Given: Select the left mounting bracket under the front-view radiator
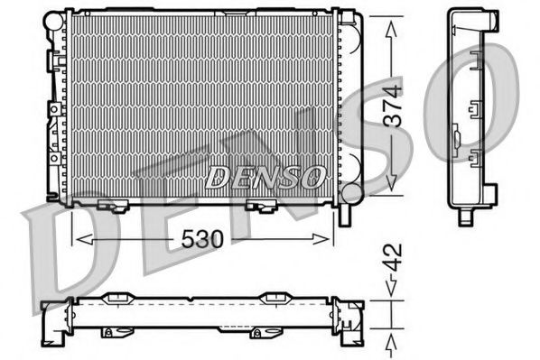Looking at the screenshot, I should point(111,208).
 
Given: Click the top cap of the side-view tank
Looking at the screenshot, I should point(470,14).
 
